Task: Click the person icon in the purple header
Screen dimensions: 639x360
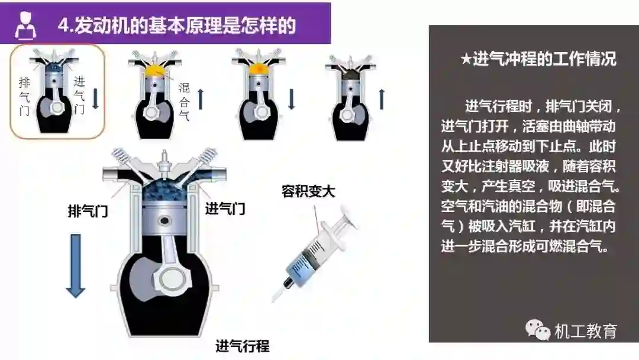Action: pos(25,25)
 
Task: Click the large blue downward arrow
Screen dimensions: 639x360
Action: pos(75,265)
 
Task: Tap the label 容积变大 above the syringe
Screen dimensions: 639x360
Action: pos(308,191)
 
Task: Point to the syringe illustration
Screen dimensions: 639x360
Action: pos(313,255)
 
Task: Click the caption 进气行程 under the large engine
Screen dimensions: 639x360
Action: pos(243,346)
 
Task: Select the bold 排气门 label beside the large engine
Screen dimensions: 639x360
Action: pos(88,211)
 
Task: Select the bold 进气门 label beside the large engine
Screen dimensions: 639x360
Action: pos(225,209)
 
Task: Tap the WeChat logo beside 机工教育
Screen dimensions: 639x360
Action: pos(537,330)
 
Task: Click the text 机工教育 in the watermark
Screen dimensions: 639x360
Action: pos(586,331)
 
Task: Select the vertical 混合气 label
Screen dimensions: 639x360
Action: pos(184,102)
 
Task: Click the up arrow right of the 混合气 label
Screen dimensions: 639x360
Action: pos(201,99)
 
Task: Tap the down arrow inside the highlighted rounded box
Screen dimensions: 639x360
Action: pos(96,99)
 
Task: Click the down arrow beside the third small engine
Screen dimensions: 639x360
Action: pos(291,99)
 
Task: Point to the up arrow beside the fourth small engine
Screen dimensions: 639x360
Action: pos(382,99)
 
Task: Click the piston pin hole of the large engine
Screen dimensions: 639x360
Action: pos(164,221)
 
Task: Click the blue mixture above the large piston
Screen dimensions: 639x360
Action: pos(164,189)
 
